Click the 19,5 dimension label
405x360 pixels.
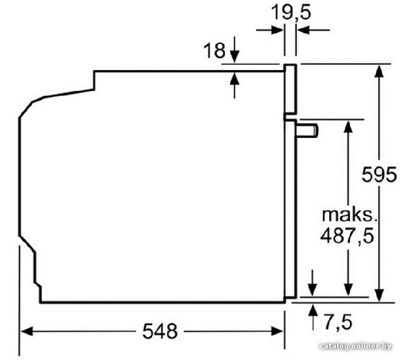point(291,12)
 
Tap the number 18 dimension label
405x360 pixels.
point(214,50)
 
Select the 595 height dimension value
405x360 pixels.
point(379,175)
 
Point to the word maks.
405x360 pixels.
point(350,215)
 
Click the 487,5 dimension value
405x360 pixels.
point(347,236)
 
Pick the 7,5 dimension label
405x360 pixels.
point(338,322)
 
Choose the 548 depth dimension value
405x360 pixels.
point(160,331)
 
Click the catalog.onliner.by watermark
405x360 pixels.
point(355,346)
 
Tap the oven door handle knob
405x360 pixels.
point(307,130)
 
